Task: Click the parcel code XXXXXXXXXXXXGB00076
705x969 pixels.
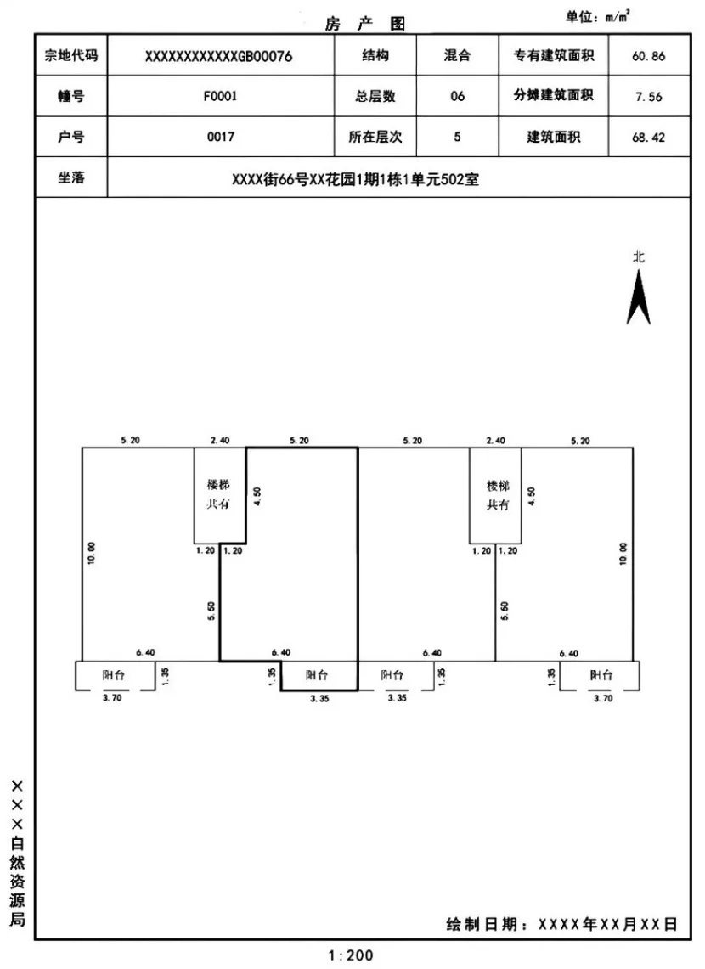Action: (x=218, y=57)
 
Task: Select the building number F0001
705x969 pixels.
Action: (x=218, y=97)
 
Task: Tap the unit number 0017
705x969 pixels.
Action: (x=218, y=137)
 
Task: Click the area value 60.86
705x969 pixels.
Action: (x=649, y=57)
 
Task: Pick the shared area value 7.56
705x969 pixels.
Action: (x=649, y=97)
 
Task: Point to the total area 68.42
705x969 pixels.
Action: (x=649, y=137)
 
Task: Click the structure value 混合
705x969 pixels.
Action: (x=457, y=57)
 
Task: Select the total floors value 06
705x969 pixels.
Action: (x=457, y=97)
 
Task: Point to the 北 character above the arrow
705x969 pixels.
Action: (x=638, y=256)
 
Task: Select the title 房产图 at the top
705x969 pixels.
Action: (x=365, y=25)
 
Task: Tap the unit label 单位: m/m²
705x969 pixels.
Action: (x=597, y=16)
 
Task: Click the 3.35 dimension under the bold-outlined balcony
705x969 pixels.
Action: (x=319, y=698)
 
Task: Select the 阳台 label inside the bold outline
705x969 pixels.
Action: (x=318, y=676)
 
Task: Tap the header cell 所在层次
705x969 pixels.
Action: (x=375, y=137)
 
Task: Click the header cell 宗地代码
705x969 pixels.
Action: (x=71, y=57)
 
